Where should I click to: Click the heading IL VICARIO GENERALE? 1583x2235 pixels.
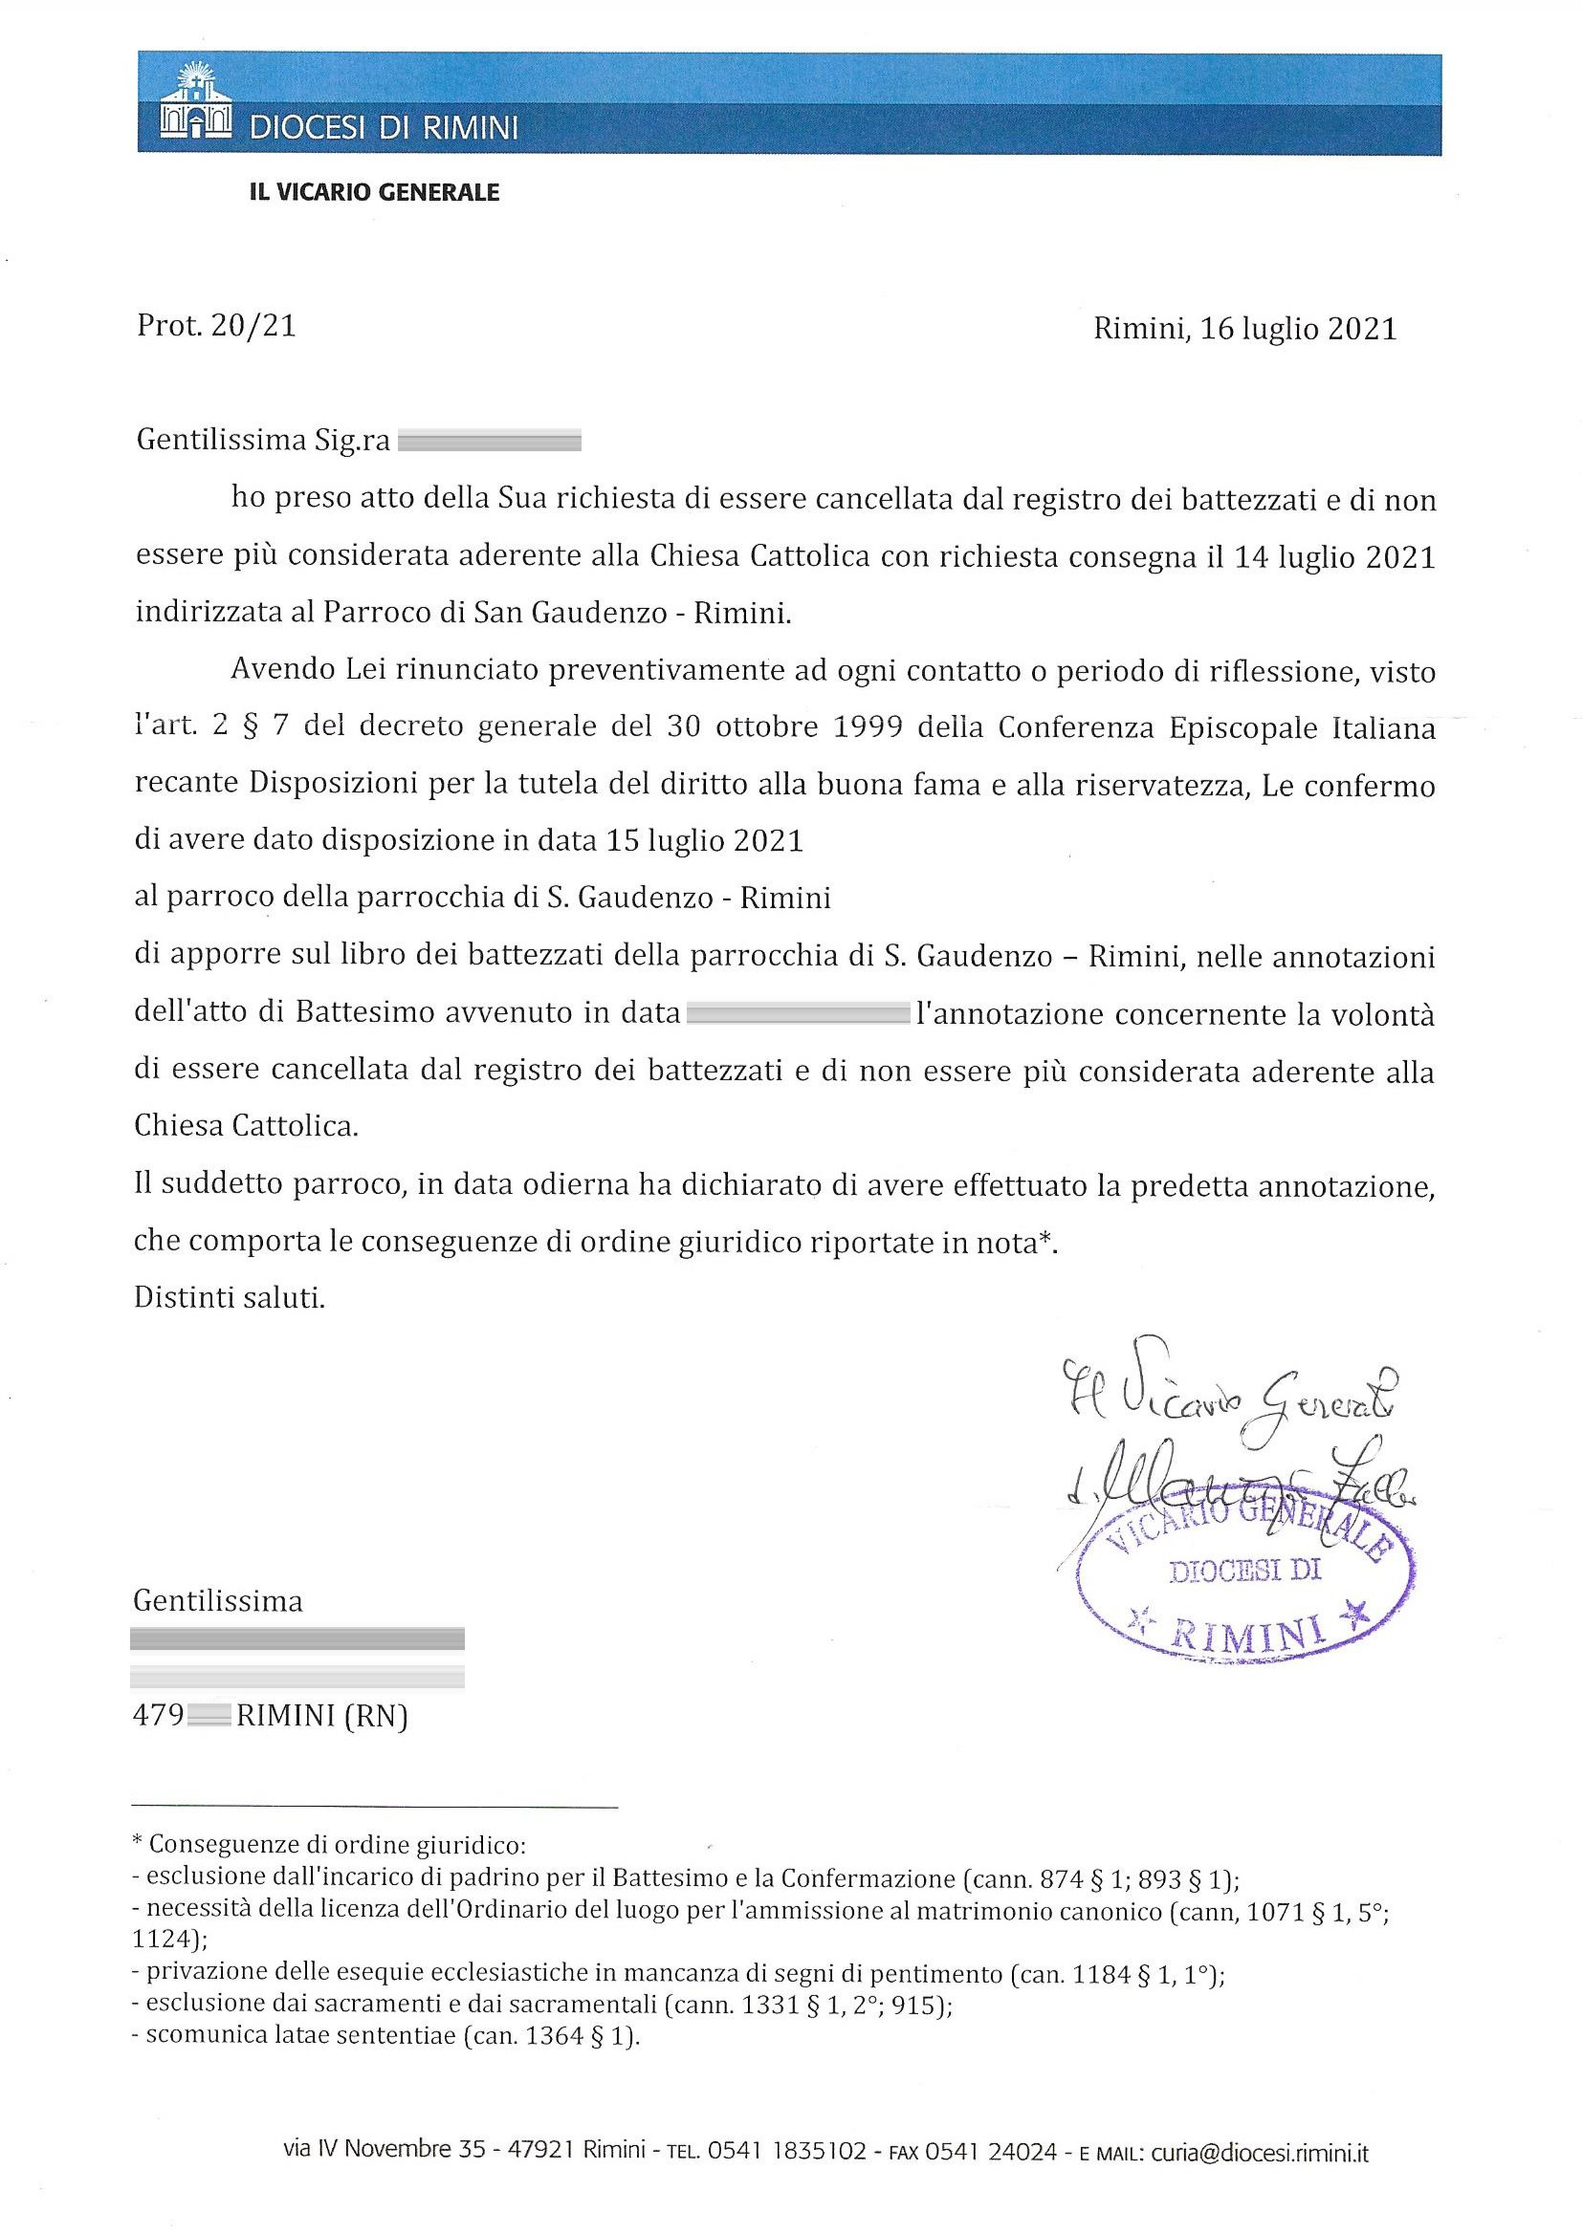(x=375, y=193)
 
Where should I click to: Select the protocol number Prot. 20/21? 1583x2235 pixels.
(x=216, y=327)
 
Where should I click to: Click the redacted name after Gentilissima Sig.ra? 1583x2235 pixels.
(x=490, y=443)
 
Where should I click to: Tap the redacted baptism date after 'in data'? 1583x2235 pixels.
(x=798, y=1014)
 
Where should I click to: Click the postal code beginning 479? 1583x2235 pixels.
(x=182, y=1716)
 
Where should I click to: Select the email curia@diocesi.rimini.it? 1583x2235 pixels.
(x=1259, y=2151)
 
